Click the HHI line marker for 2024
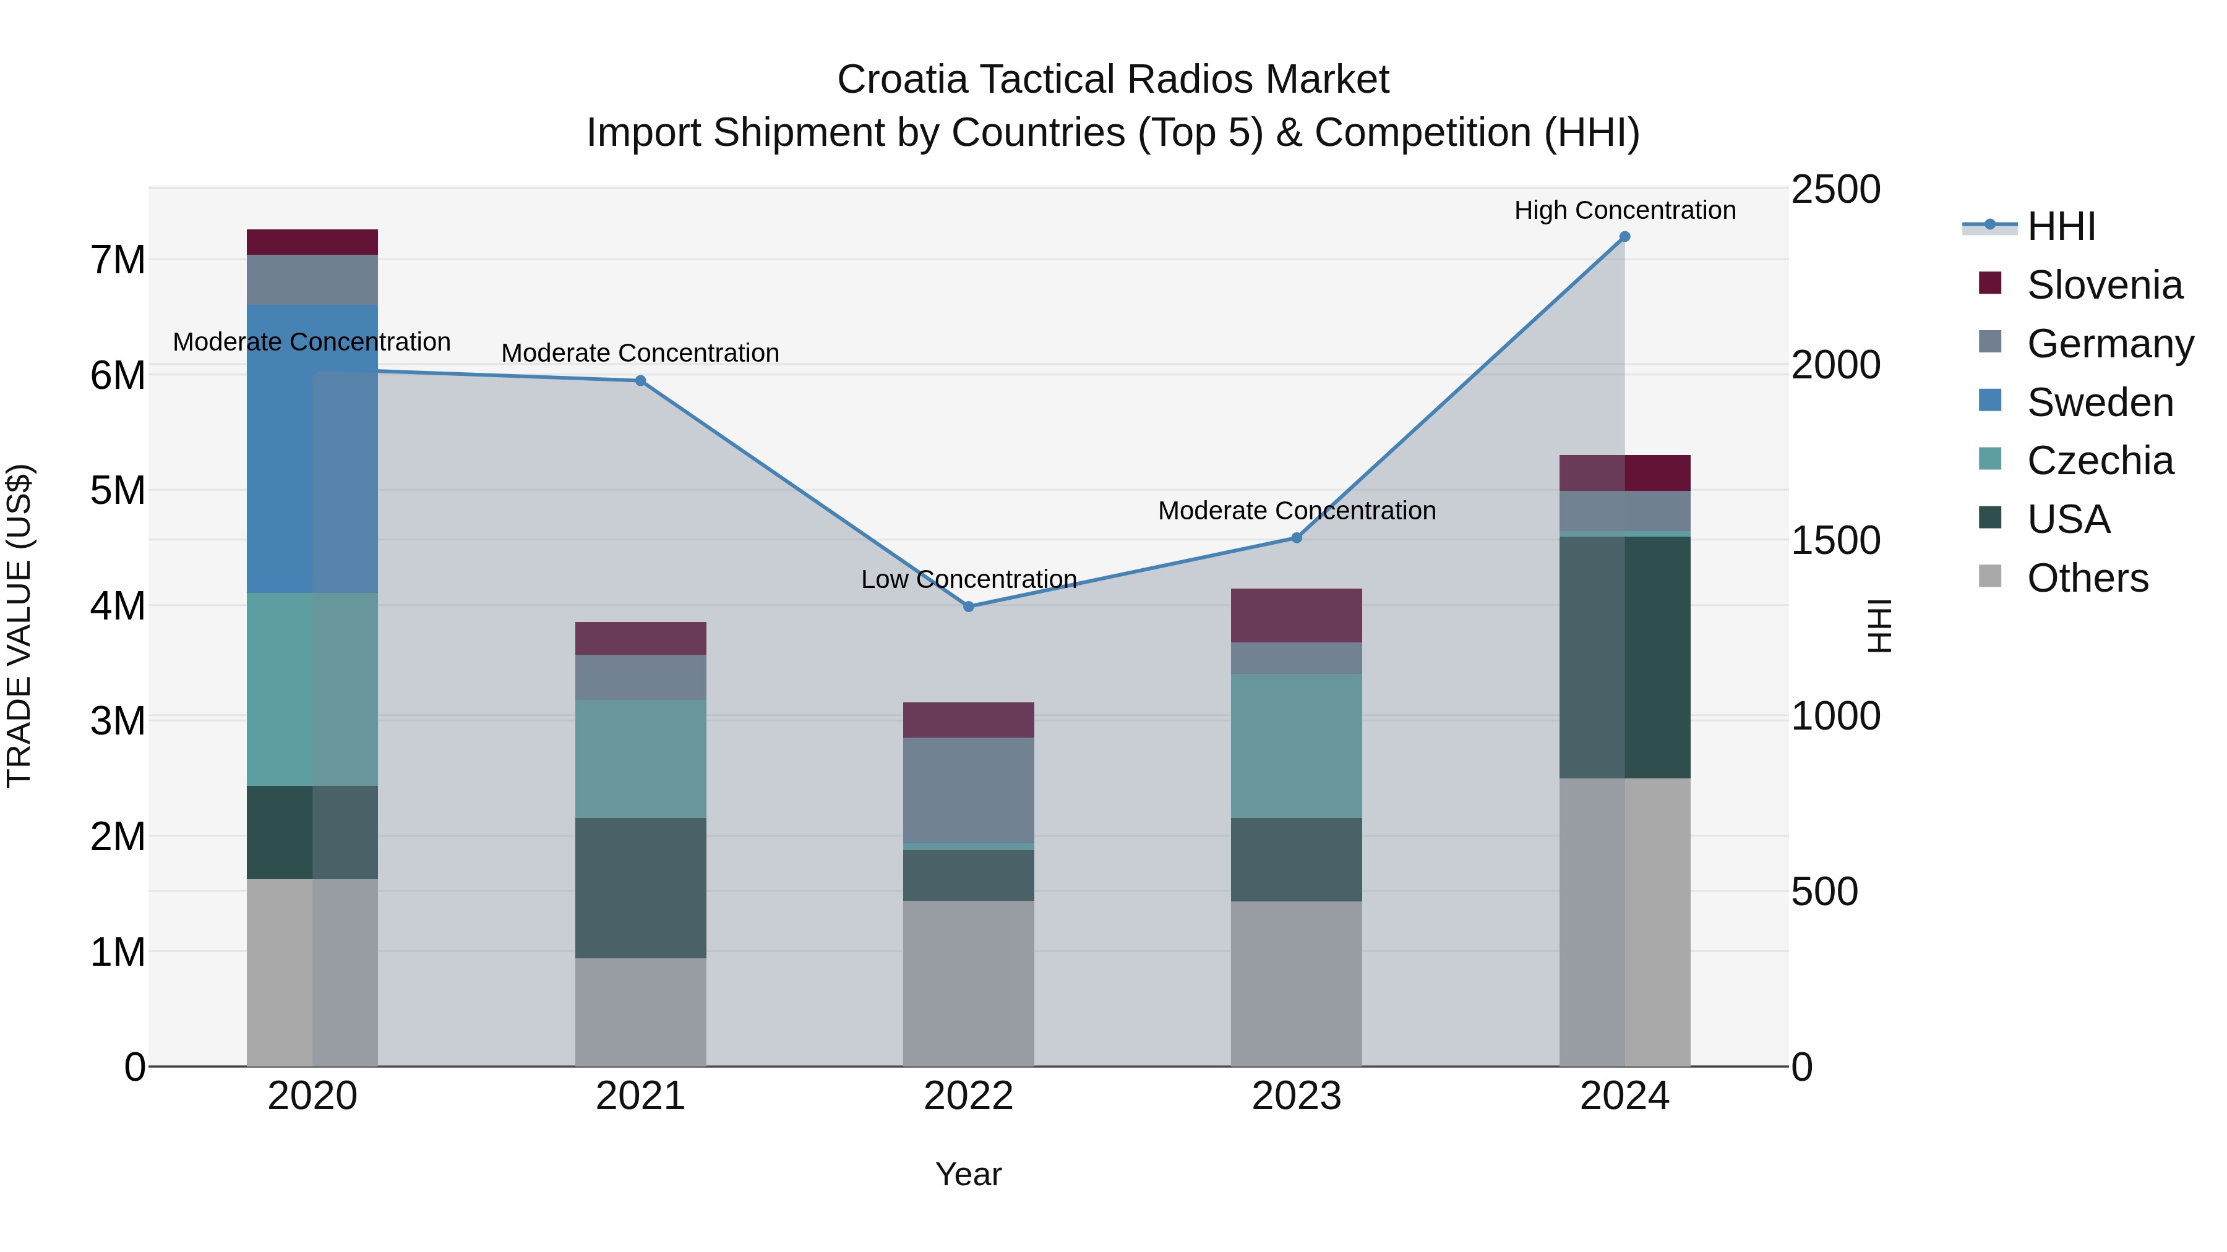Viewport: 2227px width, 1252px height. [1624, 237]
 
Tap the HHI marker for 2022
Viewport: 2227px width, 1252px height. [968, 607]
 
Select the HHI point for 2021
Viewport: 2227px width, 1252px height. [641, 381]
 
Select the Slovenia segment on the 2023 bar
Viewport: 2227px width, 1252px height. [1297, 615]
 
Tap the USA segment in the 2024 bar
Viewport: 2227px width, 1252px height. [1624, 657]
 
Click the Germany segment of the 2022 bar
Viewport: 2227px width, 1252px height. [968, 790]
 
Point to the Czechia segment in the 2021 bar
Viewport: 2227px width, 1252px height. [641, 759]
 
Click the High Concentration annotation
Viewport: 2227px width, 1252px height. [1624, 210]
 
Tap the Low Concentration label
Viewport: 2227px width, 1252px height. [968, 579]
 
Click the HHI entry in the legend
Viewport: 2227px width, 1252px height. [2061, 226]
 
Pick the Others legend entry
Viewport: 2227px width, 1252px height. [2087, 578]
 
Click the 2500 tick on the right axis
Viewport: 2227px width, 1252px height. [1835, 189]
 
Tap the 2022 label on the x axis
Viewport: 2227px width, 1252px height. [968, 1096]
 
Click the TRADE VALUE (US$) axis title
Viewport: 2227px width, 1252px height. [19, 626]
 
